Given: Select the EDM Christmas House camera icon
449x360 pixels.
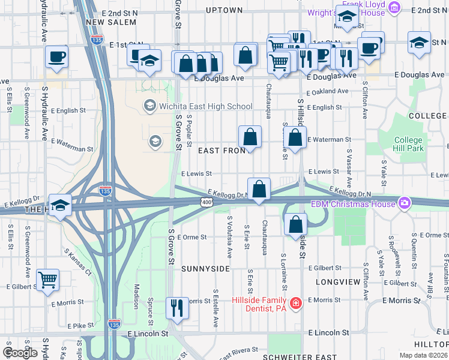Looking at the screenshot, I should (405, 203).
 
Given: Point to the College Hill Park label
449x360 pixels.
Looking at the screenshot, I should (408, 144).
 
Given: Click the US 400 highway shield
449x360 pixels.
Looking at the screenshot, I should (206, 204).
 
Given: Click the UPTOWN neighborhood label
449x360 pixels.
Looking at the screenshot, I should (224, 10).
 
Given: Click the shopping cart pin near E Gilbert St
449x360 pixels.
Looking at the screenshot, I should (47, 280).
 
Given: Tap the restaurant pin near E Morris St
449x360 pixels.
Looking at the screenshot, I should (176, 308).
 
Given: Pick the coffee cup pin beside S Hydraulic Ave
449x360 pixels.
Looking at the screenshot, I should (57, 56).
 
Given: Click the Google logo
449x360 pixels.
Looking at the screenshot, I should (20, 353).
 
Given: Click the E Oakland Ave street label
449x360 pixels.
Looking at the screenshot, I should (328, 92).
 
